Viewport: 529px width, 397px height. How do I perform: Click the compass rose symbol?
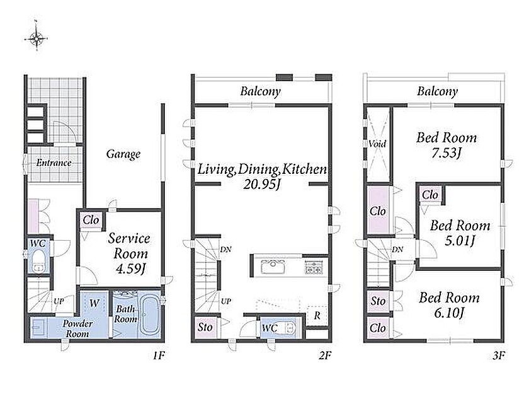pyautogui.click(x=36, y=38)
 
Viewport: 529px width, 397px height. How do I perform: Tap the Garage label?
pyautogui.click(x=123, y=154)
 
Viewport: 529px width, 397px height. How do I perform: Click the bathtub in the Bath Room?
pyautogui.click(x=149, y=314)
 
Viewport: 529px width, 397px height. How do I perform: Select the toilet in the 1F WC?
pyautogui.click(x=39, y=262)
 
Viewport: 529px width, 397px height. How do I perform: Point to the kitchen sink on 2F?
pyautogui.click(x=273, y=267)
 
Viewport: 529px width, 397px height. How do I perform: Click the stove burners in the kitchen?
pyautogui.click(x=314, y=267)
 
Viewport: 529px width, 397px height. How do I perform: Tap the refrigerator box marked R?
pyautogui.click(x=317, y=316)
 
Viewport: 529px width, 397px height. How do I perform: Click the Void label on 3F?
pyautogui.click(x=377, y=144)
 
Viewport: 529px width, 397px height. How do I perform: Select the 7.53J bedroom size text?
pyautogui.click(x=447, y=154)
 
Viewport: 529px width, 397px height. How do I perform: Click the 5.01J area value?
pyautogui.click(x=460, y=241)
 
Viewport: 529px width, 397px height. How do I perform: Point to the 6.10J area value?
pyautogui.click(x=449, y=313)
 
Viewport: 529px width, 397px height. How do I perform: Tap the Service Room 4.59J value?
pyautogui.click(x=130, y=269)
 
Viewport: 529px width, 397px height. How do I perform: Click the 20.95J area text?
pyautogui.click(x=262, y=184)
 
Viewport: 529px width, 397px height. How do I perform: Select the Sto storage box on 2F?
pyautogui.click(x=205, y=327)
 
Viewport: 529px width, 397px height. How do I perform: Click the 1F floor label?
pyautogui.click(x=159, y=355)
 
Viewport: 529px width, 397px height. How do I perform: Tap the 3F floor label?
pyautogui.click(x=498, y=355)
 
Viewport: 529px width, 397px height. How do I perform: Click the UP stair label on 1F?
pyautogui.click(x=59, y=301)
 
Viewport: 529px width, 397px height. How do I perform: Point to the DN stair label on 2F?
pyautogui.click(x=225, y=250)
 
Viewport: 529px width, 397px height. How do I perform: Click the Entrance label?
pyautogui.click(x=54, y=163)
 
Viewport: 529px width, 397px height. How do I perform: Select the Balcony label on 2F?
pyautogui.click(x=261, y=91)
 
